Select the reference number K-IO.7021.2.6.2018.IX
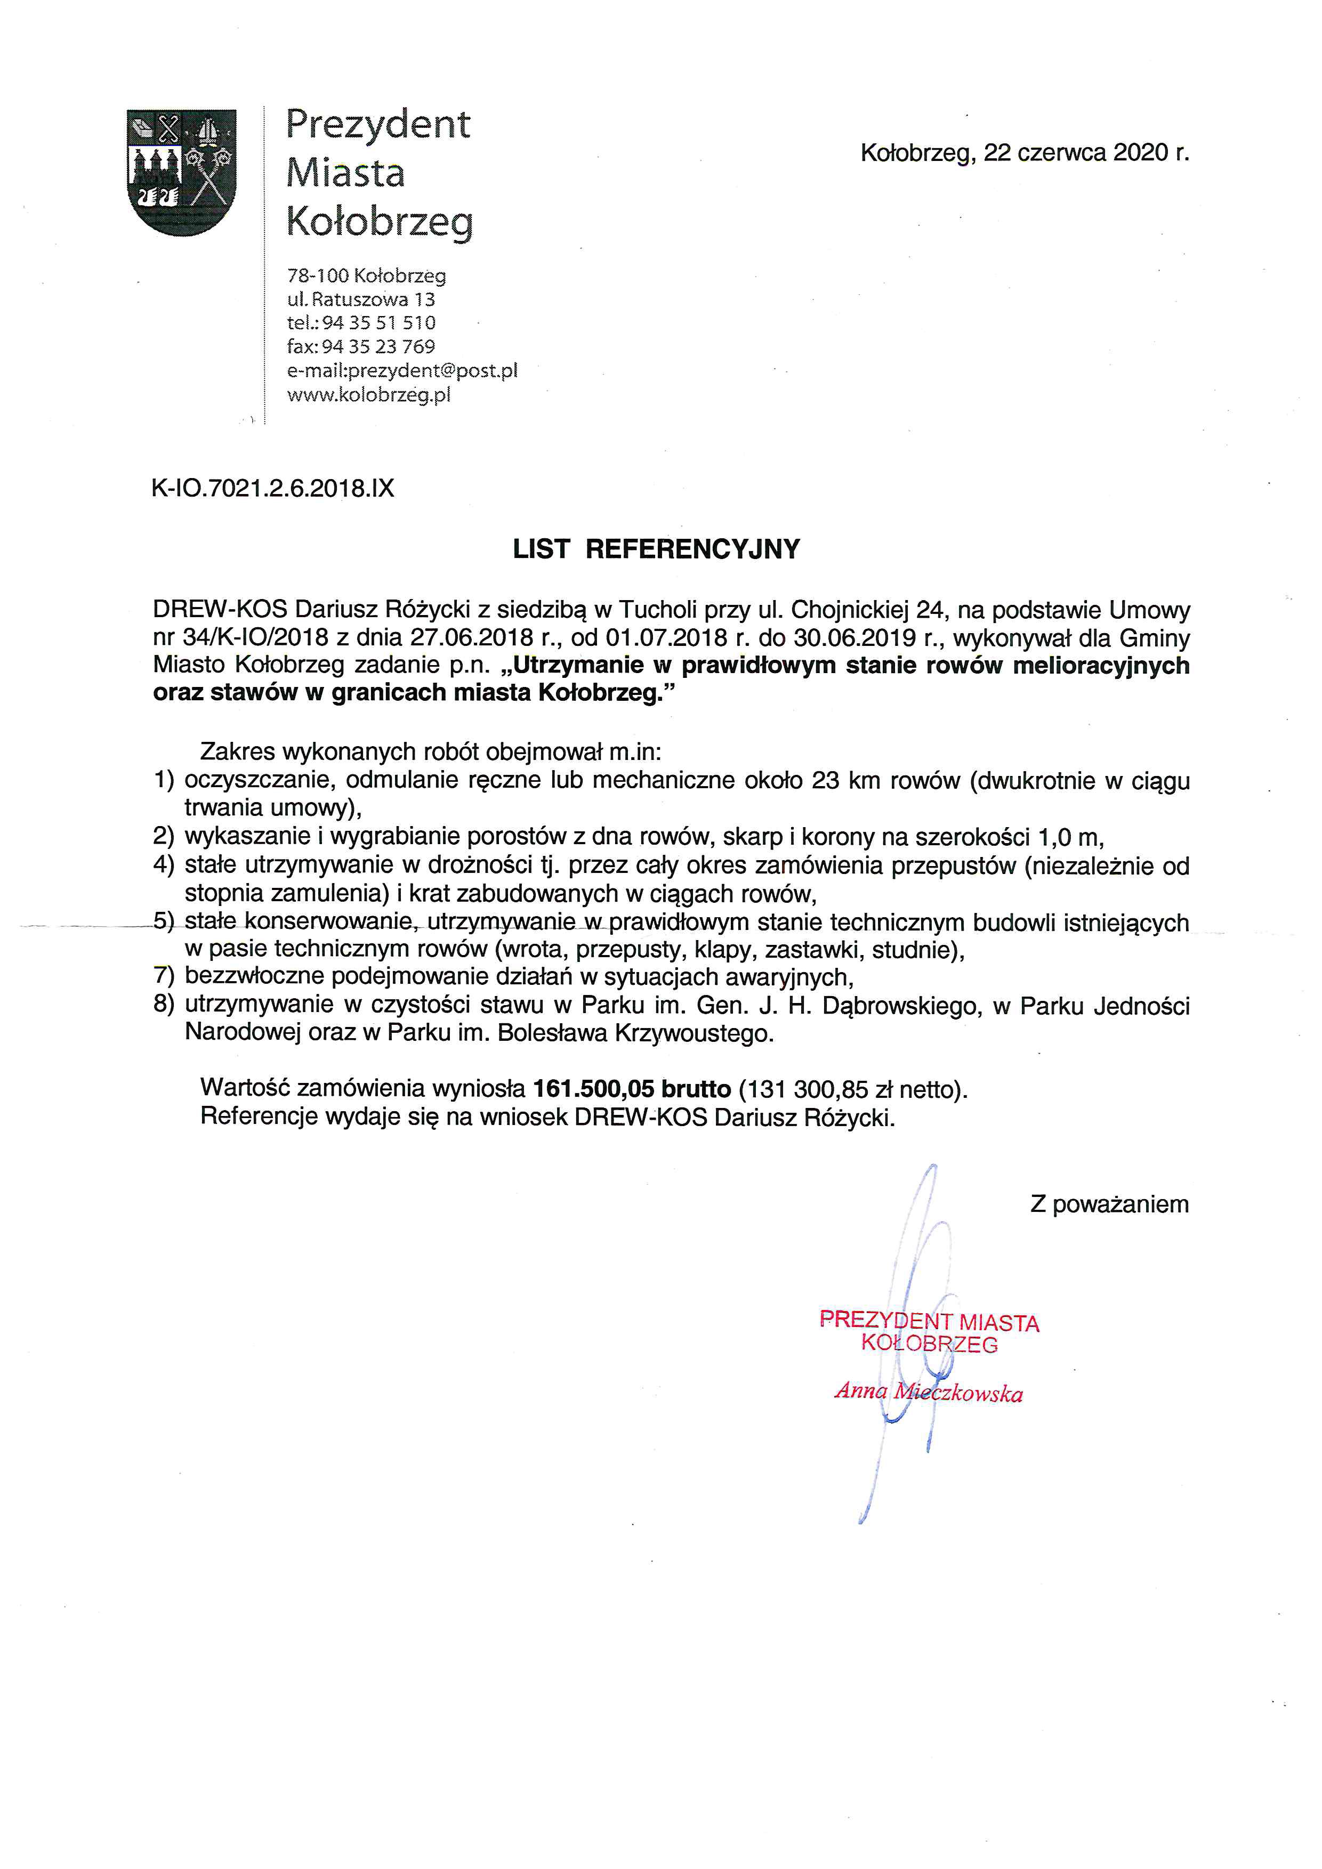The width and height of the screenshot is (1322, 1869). click(273, 488)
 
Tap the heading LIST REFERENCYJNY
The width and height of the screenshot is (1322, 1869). click(656, 549)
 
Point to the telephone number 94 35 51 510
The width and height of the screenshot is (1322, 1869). click(378, 322)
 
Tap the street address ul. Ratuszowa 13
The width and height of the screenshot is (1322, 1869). click(361, 299)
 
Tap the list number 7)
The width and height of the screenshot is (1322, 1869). click(164, 975)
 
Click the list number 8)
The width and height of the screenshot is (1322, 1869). click(164, 1005)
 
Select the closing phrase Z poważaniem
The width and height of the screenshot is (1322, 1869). click(1109, 1204)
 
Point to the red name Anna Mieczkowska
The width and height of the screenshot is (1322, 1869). click(929, 1392)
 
